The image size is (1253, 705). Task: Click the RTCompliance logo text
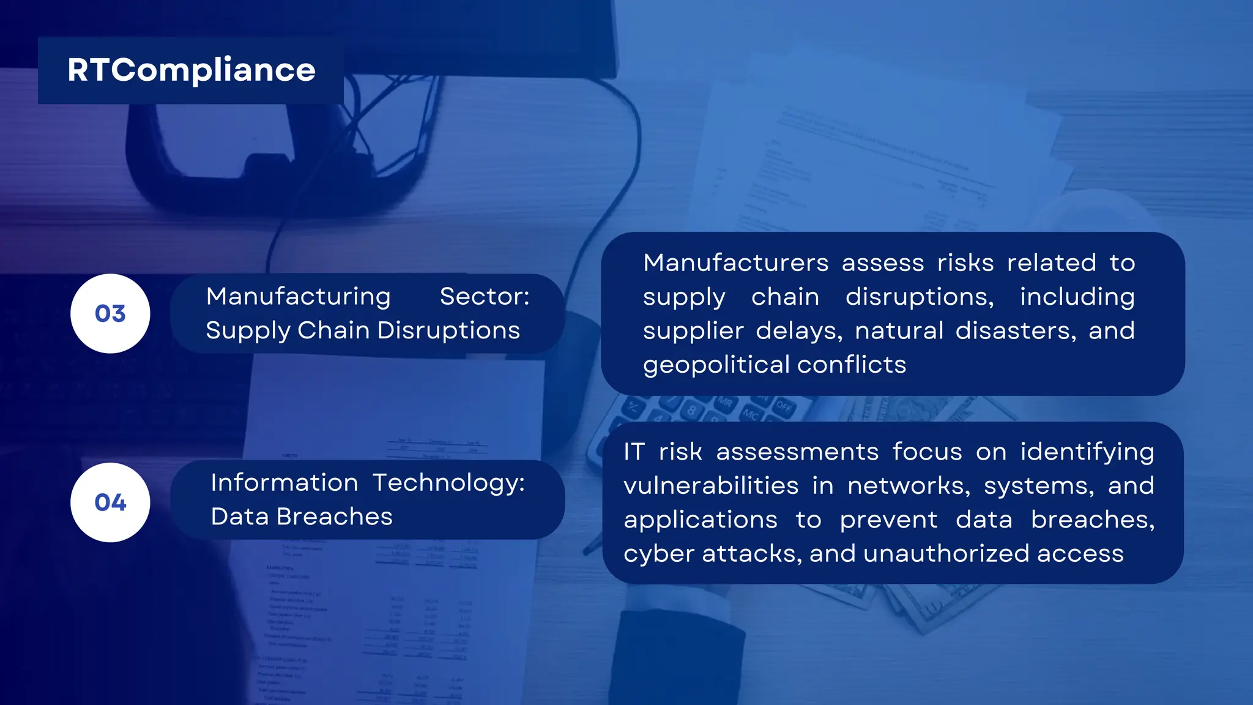pos(191,70)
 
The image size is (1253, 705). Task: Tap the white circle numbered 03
pos(110,313)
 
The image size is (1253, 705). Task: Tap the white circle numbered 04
pos(110,502)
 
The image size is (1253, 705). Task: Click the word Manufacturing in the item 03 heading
pos(298,297)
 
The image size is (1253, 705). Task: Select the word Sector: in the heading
pos(485,297)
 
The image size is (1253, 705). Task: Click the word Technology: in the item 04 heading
pos(448,483)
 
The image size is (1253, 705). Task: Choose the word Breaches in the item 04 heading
pos(334,517)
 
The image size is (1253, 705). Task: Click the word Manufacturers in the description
pos(735,263)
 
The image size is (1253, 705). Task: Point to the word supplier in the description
pos(693,331)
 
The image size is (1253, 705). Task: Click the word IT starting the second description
pos(634,452)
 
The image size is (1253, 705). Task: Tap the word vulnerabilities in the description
pos(711,486)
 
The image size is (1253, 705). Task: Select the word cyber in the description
pos(658,554)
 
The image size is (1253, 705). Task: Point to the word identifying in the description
pos(1087,452)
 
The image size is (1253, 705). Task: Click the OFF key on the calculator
pos(784,406)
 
